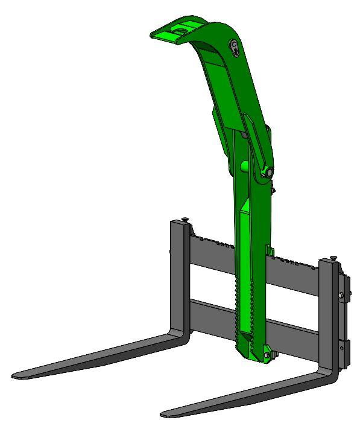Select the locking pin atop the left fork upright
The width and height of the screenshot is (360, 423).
point(184,220)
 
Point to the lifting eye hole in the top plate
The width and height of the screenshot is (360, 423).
point(180,28)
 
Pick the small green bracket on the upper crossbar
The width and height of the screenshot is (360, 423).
point(270,250)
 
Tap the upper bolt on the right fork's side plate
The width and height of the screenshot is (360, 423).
point(342,295)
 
